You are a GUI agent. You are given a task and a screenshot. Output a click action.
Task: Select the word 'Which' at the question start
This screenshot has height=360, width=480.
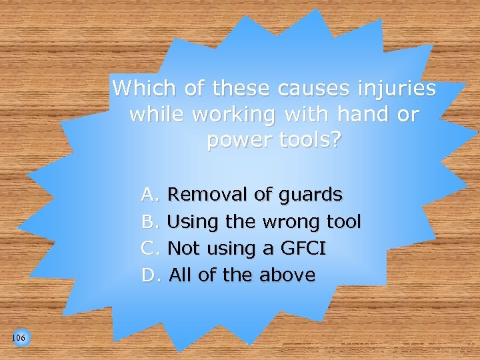click(x=141, y=88)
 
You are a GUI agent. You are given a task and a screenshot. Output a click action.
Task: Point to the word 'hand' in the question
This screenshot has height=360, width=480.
click(x=363, y=115)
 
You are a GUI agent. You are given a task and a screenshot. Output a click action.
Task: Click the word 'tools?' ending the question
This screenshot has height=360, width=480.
click(x=306, y=141)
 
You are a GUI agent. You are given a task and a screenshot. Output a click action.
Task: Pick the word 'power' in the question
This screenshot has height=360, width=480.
click(x=235, y=141)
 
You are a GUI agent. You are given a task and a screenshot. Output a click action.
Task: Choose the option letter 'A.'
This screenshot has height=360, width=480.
click(x=150, y=195)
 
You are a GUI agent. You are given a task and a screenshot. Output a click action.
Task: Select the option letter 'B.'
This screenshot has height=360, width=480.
click(x=150, y=221)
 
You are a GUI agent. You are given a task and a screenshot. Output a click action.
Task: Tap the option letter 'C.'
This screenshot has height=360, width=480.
click(x=150, y=248)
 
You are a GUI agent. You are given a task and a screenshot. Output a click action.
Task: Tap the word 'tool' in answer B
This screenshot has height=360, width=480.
click(x=343, y=221)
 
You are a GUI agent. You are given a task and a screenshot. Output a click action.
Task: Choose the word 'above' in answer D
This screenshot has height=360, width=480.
click(x=287, y=275)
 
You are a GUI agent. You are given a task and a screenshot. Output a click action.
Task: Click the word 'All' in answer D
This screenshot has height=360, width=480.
click(x=180, y=275)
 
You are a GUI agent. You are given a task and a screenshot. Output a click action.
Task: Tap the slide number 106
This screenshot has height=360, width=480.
click(x=19, y=339)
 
